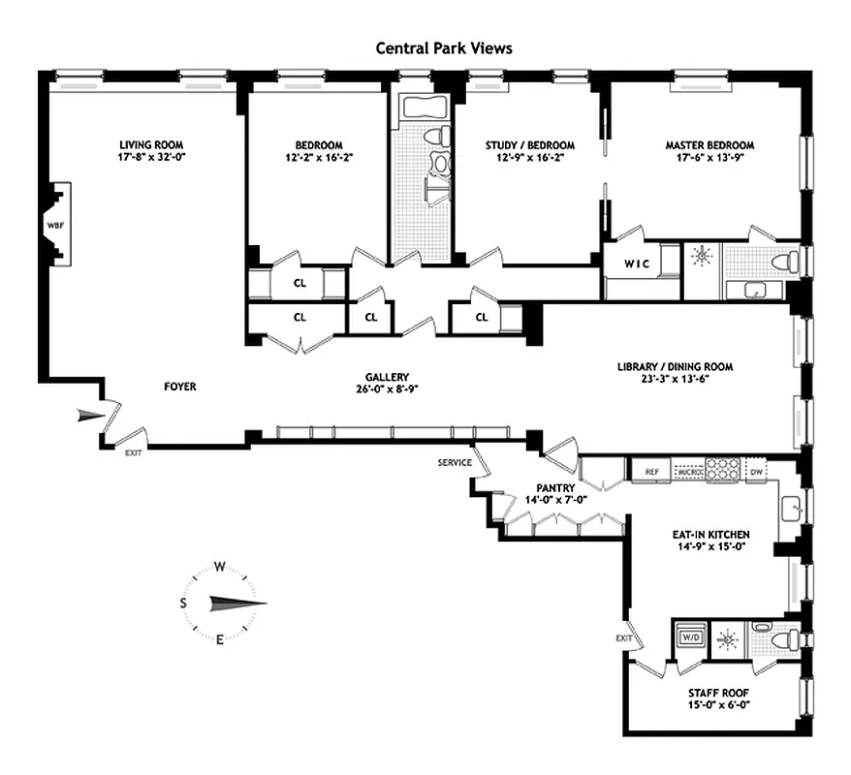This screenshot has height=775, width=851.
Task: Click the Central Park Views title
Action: (x=444, y=47)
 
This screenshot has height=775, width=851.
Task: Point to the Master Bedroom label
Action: (x=709, y=145)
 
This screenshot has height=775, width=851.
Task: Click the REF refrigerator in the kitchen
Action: (x=651, y=472)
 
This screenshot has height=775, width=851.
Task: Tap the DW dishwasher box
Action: (x=756, y=472)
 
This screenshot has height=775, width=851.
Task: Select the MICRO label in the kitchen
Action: (x=688, y=473)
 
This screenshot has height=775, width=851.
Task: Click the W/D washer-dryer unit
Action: (x=691, y=637)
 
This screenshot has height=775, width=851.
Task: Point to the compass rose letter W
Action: (x=220, y=567)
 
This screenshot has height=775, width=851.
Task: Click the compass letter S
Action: (x=183, y=603)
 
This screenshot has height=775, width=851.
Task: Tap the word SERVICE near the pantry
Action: (x=454, y=462)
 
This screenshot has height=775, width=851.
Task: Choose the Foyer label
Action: (x=179, y=387)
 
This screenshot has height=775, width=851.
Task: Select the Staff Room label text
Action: (x=716, y=694)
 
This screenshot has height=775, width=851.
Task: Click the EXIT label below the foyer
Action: (x=132, y=452)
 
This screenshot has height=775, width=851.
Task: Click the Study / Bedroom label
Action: (x=529, y=145)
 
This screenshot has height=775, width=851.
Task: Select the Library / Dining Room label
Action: (x=675, y=367)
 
